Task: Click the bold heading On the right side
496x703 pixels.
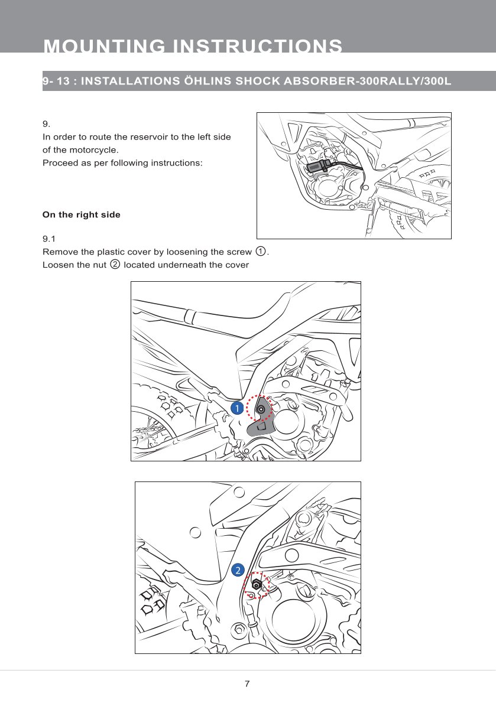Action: click(81, 214)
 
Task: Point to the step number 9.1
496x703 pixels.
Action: click(49, 239)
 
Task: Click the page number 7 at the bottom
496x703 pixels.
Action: click(247, 684)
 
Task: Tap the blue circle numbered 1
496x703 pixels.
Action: click(236, 408)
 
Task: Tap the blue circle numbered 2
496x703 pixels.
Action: click(236, 569)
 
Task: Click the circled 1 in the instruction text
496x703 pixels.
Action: click(261, 252)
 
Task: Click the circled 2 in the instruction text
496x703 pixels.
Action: click(115, 264)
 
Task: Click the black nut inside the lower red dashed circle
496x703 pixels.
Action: click(256, 585)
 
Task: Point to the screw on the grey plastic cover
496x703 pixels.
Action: click(261, 409)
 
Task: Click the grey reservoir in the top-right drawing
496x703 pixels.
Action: click(316, 167)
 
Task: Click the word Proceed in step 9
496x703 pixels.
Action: click(60, 162)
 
